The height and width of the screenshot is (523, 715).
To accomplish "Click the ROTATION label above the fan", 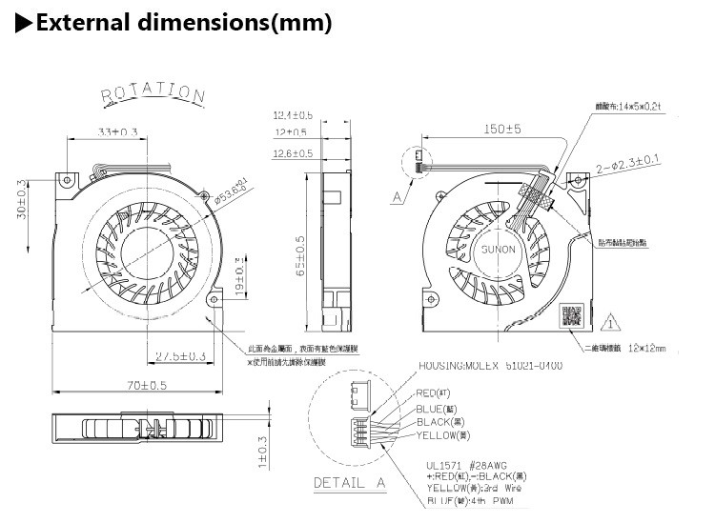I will (x=153, y=94).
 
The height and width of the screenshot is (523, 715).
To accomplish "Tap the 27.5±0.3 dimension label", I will (x=180, y=356).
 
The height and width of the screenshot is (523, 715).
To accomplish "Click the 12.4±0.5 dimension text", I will (x=293, y=116).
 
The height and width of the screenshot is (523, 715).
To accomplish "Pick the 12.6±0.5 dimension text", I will (x=293, y=153).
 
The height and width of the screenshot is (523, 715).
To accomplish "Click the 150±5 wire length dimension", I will (x=500, y=129).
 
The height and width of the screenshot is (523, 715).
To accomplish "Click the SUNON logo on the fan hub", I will (x=498, y=250).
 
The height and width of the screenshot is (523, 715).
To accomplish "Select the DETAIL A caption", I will (x=350, y=483).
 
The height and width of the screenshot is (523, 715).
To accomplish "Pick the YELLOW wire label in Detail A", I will (x=444, y=434).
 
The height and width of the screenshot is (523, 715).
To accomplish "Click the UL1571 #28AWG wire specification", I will (x=472, y=467).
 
